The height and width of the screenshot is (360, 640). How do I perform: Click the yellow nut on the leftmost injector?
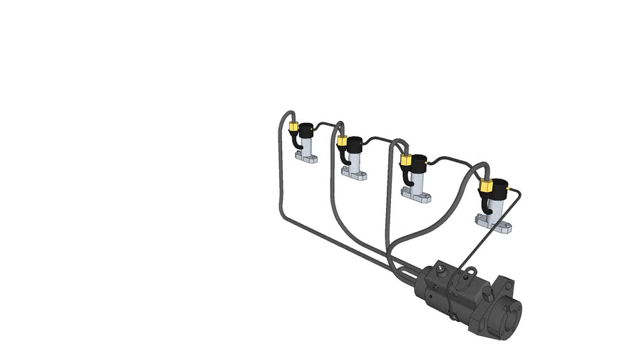coord(292,127)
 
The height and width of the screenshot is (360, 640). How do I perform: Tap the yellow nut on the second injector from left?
coord(342,141)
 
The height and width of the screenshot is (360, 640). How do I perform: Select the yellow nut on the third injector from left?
coord(405,160)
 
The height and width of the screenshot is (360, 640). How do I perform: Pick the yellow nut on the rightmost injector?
coord(485,186)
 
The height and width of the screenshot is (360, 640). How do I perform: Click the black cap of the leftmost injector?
coord(307,130)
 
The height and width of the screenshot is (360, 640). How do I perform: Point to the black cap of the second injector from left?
coord(354,144)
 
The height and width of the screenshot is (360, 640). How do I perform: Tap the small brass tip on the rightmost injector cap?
coord(508,188)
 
